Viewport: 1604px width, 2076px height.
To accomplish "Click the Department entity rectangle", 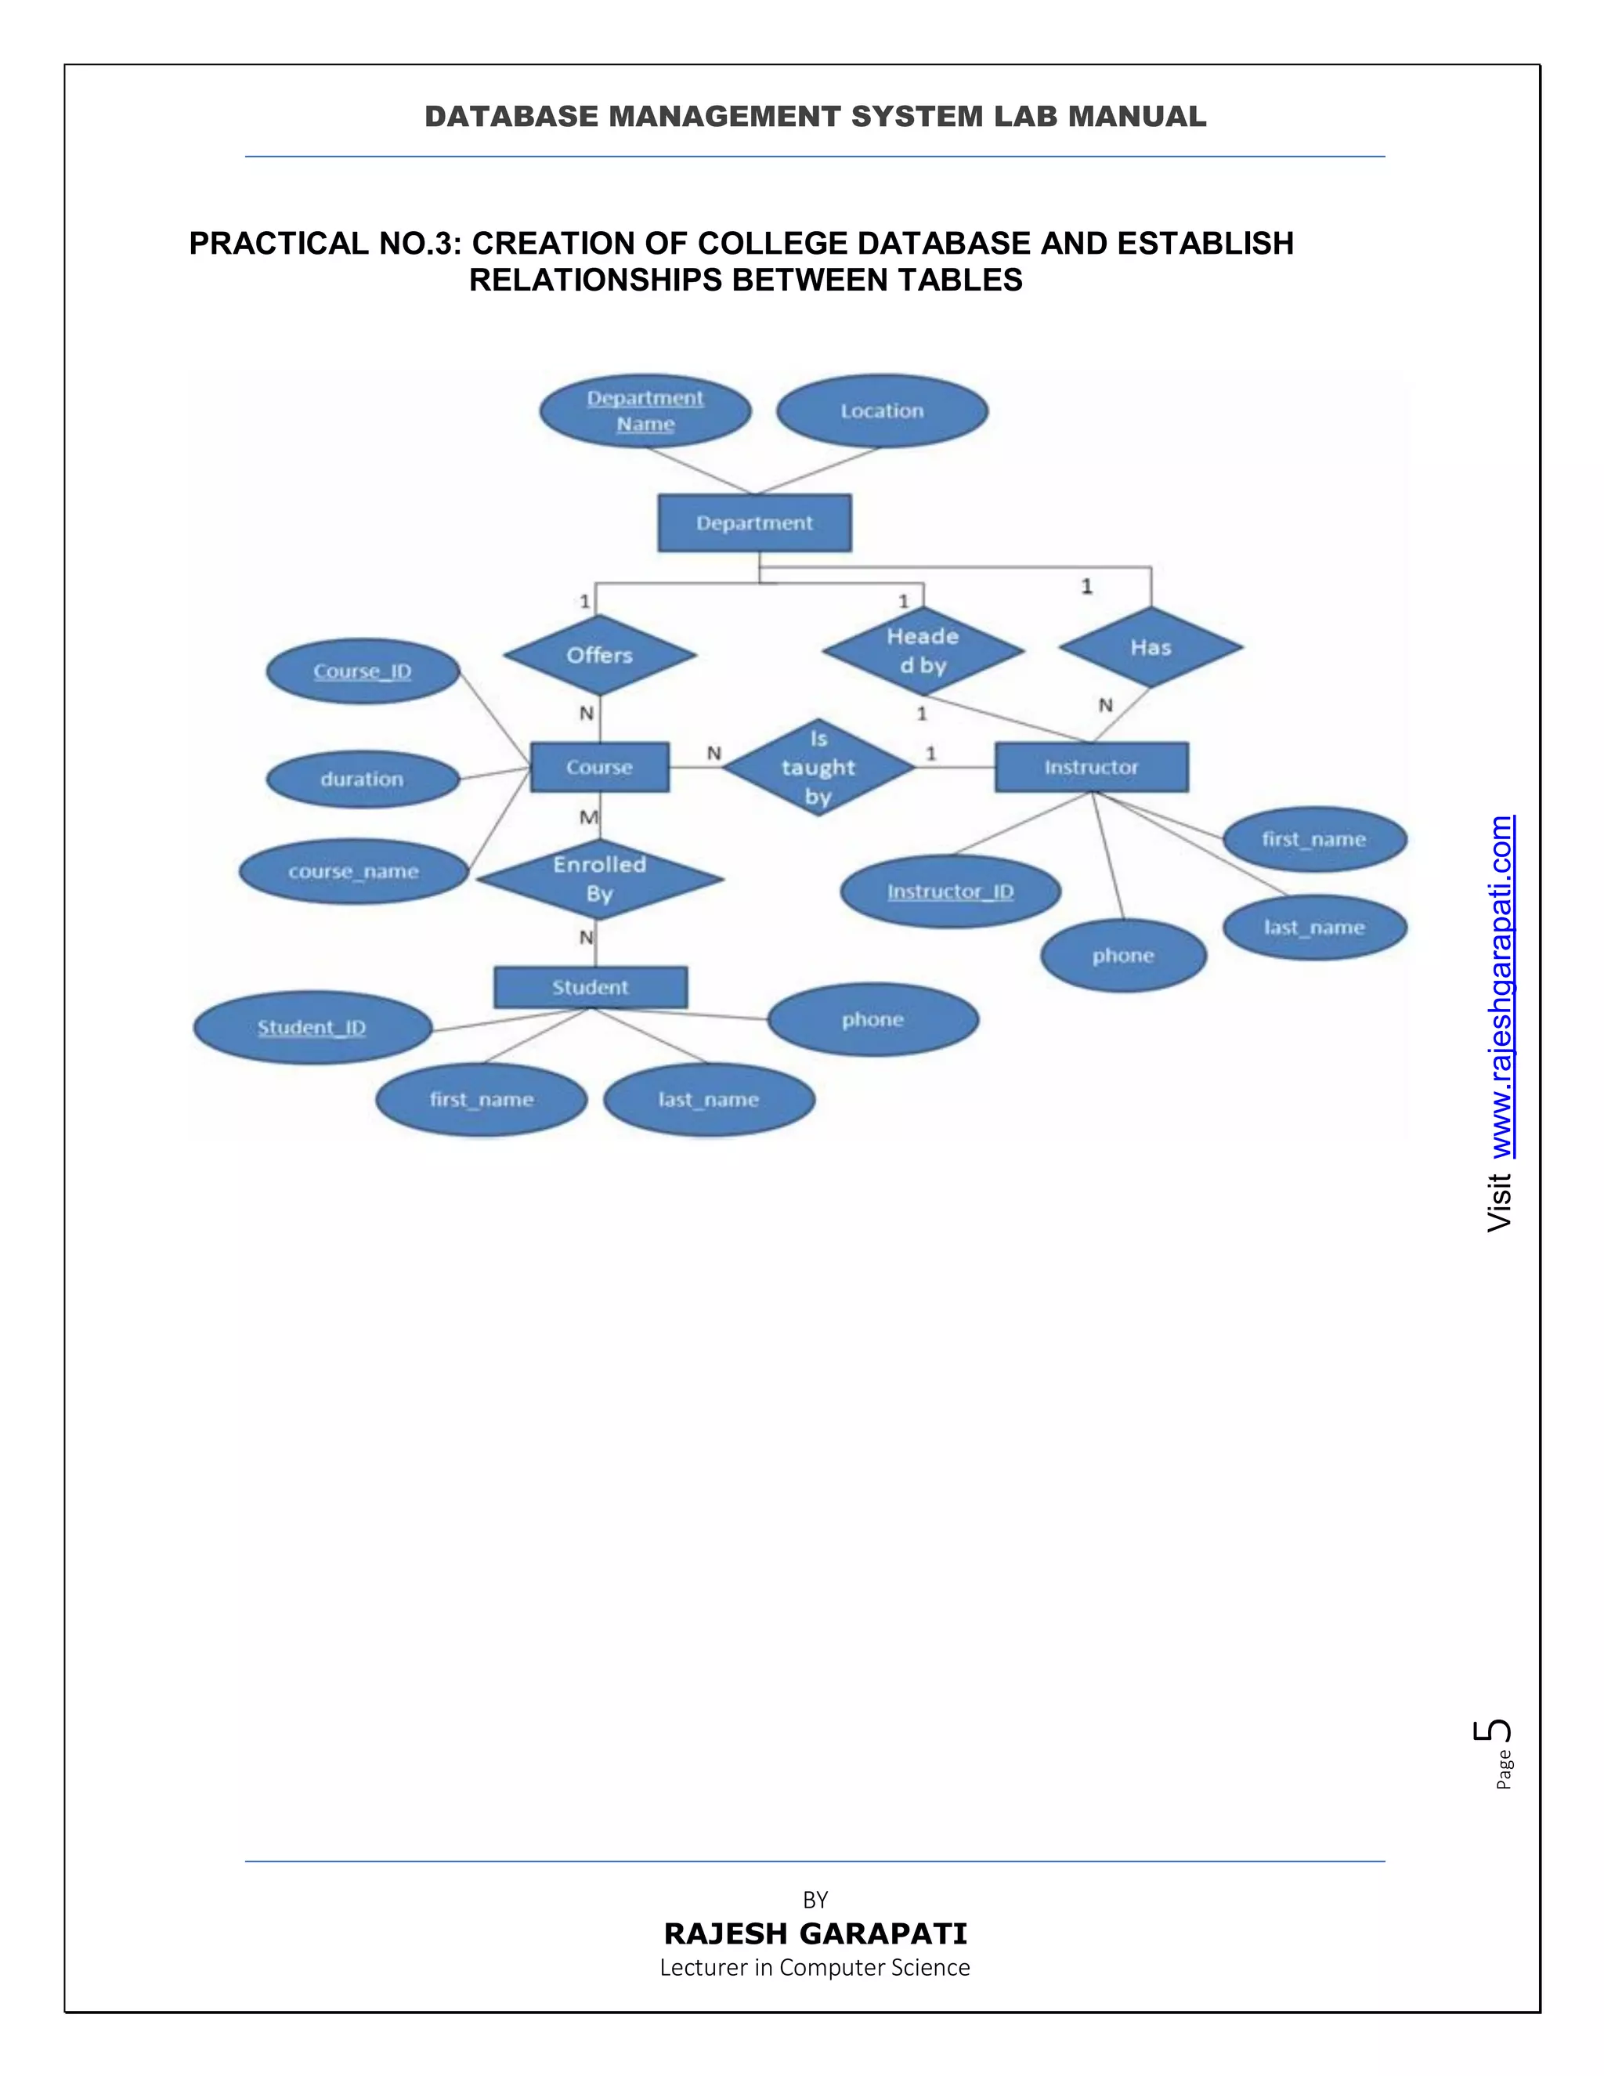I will pyautogui.click(x=754, y=523).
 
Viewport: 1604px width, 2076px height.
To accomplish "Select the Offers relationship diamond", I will pyautogui.click(x=600, y=655).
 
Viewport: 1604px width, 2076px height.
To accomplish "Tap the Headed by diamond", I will pyautogui.click(x=923, y=651).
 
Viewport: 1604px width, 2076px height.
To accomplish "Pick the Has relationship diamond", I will pyautogui.click(x=1151, y=647).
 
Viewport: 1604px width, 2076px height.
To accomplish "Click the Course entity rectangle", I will pyautogui.click(x=600, y=767).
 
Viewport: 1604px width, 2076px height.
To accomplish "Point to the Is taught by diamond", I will pyautogui.click(x=818, y=767).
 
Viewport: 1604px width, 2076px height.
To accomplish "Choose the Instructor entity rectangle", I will pyautogui.click(x=1091, y=767).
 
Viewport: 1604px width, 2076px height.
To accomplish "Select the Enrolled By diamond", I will pyautogui.click(x=600, y=879).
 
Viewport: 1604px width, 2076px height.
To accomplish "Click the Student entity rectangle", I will pyautogui.click(x=590, y=988).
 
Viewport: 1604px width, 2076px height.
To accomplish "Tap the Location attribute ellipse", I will pyautogui.click(x=882, y=410).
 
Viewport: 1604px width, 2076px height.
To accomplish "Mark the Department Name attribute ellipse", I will pyautogui.click(x=645, y=410).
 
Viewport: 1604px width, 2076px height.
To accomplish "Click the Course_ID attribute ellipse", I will pyautogui.click(x=363, y=671).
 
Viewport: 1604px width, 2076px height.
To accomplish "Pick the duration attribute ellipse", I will pyautogui.click(x=362, y=779).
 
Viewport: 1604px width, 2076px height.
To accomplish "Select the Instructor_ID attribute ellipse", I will pyautogui.click(x=950, y=892).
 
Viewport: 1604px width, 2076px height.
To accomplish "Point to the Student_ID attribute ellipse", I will pyautogui.click(x=312, y=1028).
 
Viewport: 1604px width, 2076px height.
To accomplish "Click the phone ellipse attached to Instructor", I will pyautogui.click(x=1123, y=955).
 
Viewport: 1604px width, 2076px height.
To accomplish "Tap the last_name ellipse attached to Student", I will pyautogui.click(x=709, y=1100).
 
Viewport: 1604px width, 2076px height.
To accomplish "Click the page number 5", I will pyautogui.click(x=1494, y=1730).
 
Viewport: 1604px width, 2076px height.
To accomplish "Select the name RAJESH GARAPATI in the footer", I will pyautogui.click(x=815, y=1933).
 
